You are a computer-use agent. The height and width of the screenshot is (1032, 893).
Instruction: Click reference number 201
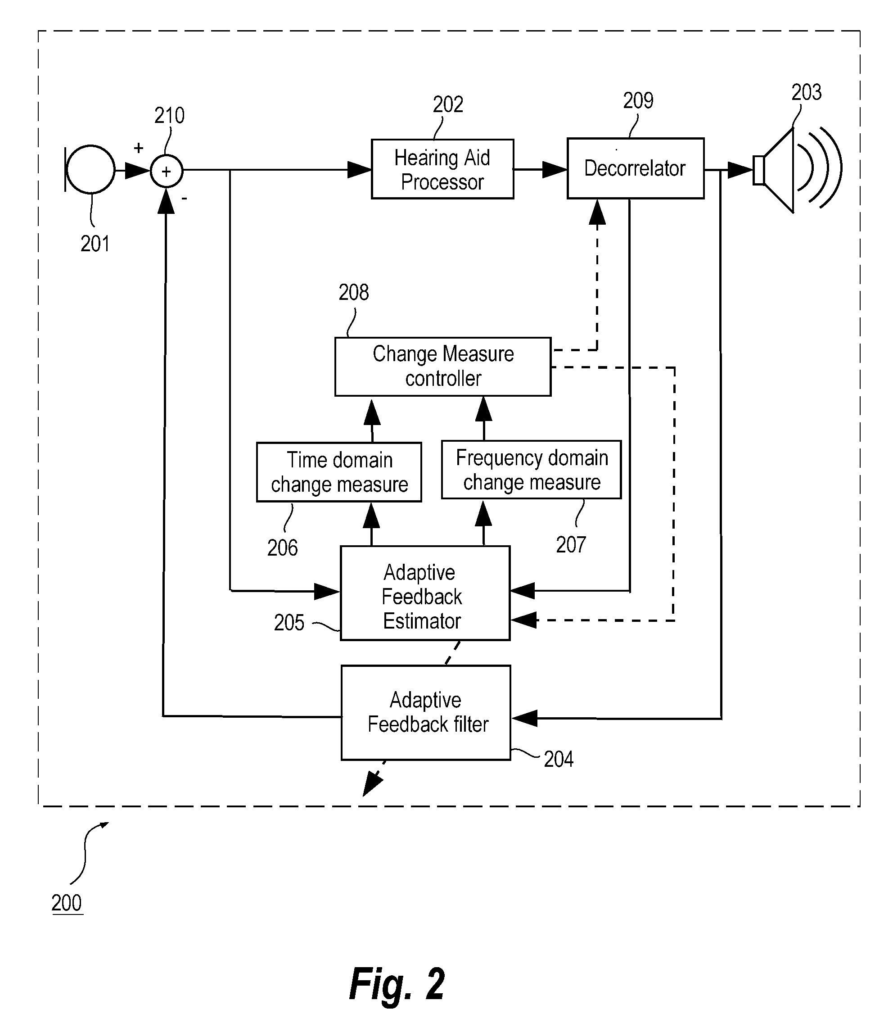coord(95,244)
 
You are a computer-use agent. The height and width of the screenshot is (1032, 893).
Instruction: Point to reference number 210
coord(169,116)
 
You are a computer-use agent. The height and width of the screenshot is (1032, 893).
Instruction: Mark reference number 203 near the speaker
coord(806,92)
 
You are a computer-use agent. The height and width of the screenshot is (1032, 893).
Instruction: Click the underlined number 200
coord(67,903)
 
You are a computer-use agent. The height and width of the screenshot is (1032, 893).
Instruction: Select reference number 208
coord(354,293)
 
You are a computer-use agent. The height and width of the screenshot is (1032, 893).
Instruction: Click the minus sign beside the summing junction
coord(185,199)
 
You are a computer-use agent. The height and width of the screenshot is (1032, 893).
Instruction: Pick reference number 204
coord(559,759)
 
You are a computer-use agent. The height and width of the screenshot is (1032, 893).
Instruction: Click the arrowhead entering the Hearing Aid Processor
coord(359,169)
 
